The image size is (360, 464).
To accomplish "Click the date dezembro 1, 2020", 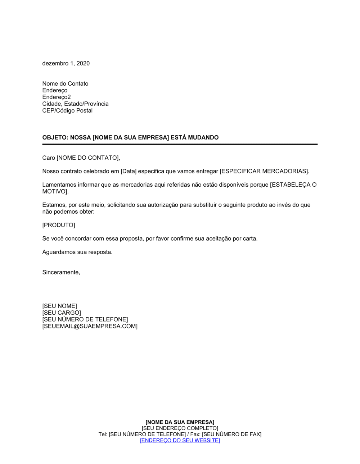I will (66, 63).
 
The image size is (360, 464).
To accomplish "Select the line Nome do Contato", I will (65, 83).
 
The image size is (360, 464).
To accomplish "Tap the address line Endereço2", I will (57, 97).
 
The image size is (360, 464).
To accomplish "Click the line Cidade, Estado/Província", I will (75, 104).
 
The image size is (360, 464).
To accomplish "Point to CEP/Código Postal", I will (67, 111).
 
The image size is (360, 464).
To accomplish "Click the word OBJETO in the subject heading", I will (54, 137).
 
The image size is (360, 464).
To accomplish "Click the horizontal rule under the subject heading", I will (180, 144).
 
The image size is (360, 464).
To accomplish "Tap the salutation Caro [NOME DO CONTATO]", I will (81, 158).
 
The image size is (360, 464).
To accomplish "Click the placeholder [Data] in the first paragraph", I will (129, 171).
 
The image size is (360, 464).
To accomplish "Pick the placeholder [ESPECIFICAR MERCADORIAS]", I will (264, 171).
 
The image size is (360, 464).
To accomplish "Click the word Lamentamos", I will (58, 185).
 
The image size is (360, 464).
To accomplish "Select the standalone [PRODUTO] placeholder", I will (59, 225).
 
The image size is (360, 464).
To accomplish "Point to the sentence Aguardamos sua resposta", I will (77, 252).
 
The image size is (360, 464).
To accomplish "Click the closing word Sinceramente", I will (61, 272).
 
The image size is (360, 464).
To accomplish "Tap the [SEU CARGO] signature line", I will (62, 313).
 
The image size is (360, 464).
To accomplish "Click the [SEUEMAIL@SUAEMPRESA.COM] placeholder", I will (90, 326).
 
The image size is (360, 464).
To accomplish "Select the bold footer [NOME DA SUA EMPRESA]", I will (180, 422).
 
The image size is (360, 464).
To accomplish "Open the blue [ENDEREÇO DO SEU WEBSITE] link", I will (180, 441).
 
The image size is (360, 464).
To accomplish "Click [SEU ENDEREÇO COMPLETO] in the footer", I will (180, 428).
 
